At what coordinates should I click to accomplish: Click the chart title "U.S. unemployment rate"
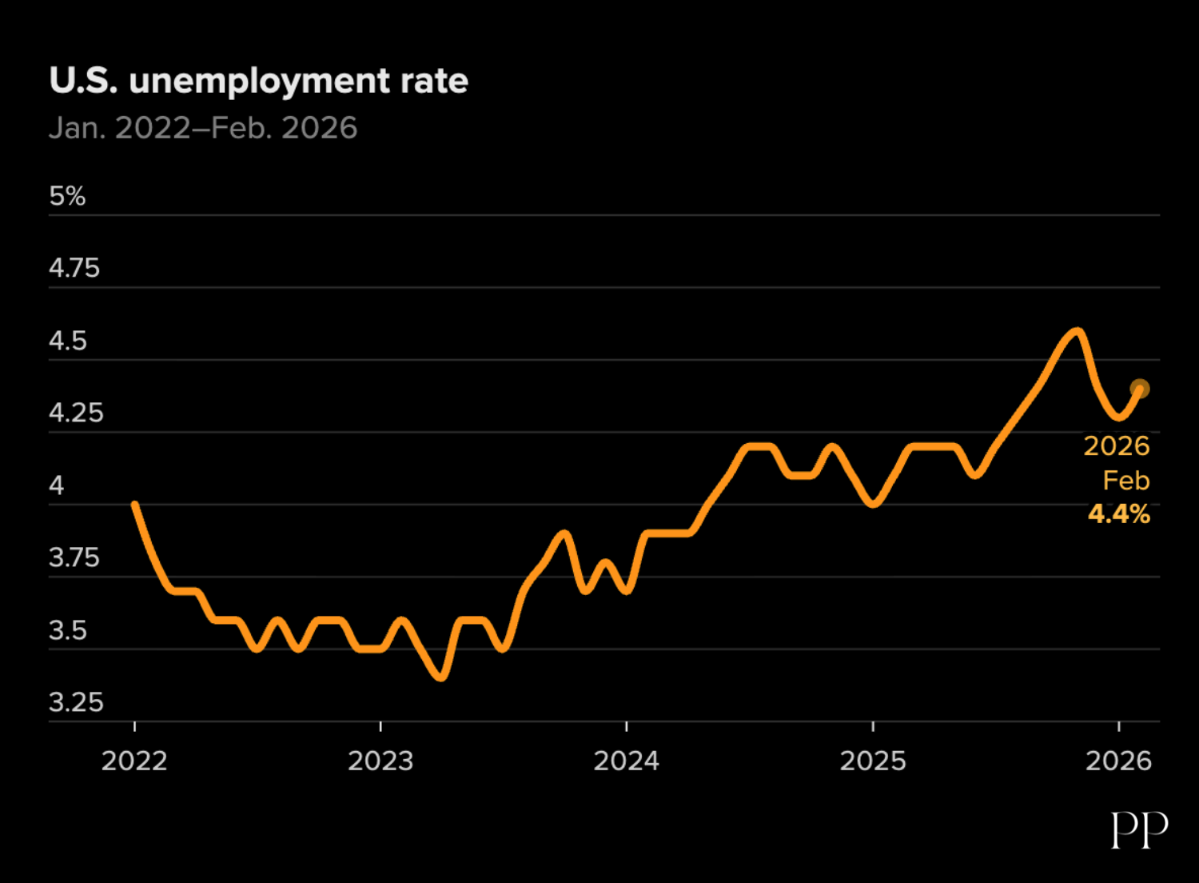[x=258, y=81]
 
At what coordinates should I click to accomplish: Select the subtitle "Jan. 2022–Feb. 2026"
[x=203, y=128]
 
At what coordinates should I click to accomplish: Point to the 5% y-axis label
[x=67, y=196]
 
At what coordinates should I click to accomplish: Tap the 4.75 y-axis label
[x=74, y=268]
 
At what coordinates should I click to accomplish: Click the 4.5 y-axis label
[x=68, y=341]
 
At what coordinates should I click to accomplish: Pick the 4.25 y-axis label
[x=76, y=413]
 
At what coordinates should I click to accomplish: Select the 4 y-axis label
[x=56, y=485]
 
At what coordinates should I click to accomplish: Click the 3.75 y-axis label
[x=74, y=557]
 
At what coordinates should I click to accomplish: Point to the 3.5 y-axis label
[x=68, y=630]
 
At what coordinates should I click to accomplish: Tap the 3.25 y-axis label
[x=76, y=702]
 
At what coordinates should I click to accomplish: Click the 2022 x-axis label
[x=134, y=761]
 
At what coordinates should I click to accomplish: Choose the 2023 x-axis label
[x=380, y=761]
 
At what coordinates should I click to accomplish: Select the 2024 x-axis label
[x=626, y=761]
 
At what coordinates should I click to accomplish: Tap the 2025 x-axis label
[x=873, y=761]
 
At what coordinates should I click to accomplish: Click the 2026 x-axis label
[x=1118, y=761]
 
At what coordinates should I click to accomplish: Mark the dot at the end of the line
[x=1140, y=389]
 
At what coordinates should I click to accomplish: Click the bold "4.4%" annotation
[x=1118, y=514]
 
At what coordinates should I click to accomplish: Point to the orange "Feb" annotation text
[x=1125, y=480]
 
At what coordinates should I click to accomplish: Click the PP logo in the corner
[x=1139, y=830]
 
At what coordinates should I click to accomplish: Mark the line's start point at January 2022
[x=135, y=505]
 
